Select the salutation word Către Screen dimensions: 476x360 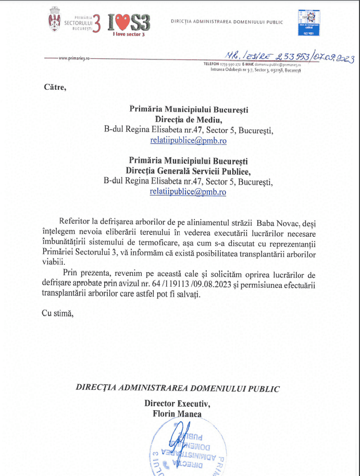coord(56,87)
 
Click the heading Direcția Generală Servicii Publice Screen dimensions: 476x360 coord(189,171)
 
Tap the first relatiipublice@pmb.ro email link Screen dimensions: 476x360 coord(188,140)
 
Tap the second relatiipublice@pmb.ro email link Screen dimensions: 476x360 coord(188,191)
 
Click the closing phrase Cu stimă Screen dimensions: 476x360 coord(58,313)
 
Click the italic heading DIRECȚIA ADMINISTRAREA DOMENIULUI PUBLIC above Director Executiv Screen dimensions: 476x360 coord(178,388)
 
